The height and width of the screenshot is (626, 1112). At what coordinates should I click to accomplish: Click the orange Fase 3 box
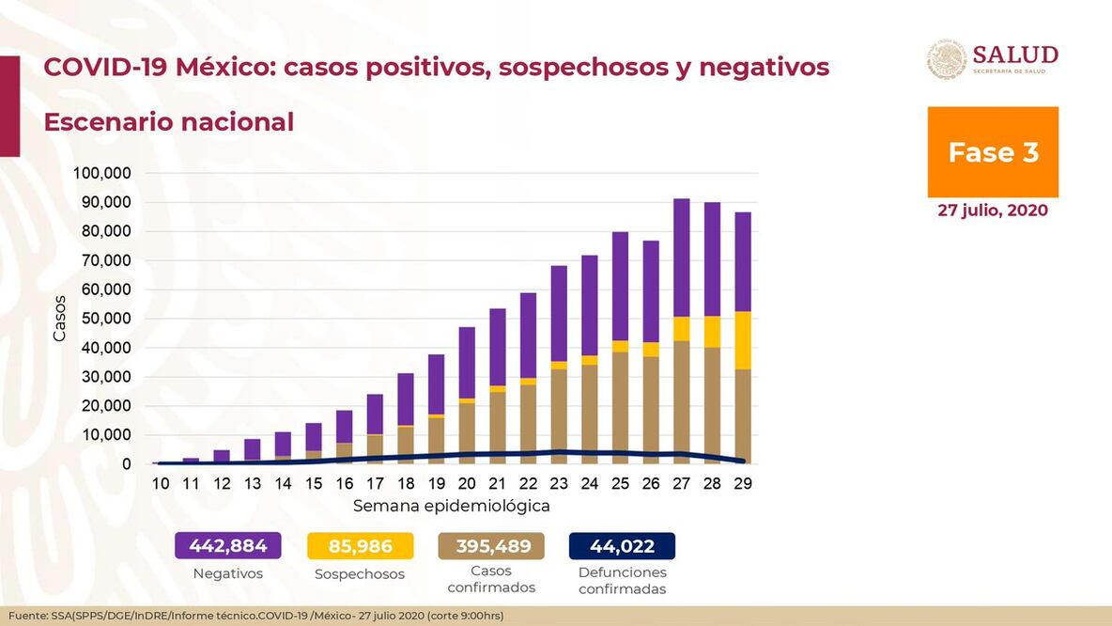click(993, 152)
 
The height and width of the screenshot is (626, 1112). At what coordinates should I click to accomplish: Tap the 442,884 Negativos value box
click(228, 546)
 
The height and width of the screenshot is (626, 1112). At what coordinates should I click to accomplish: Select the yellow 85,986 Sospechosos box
click(361, 546)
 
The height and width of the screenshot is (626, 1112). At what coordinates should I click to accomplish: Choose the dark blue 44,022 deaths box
click(622, 546)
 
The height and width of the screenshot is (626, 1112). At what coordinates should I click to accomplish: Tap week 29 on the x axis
click(742, 483)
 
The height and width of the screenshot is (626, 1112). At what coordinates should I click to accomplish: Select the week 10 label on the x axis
click(160, 483)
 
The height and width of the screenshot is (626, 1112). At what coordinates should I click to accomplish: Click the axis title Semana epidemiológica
click(451, 506)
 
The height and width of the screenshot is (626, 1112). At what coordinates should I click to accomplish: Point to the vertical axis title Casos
click(60, 319)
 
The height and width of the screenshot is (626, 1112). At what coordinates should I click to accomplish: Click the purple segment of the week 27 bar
click(681, 258)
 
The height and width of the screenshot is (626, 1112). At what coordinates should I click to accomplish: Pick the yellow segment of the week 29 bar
click(742, 340)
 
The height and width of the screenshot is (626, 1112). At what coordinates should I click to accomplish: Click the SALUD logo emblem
click(947, 59)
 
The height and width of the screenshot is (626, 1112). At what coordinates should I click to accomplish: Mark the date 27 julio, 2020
click(993, 211)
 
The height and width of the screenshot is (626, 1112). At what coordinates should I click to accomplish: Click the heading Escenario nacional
click(168, 122)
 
